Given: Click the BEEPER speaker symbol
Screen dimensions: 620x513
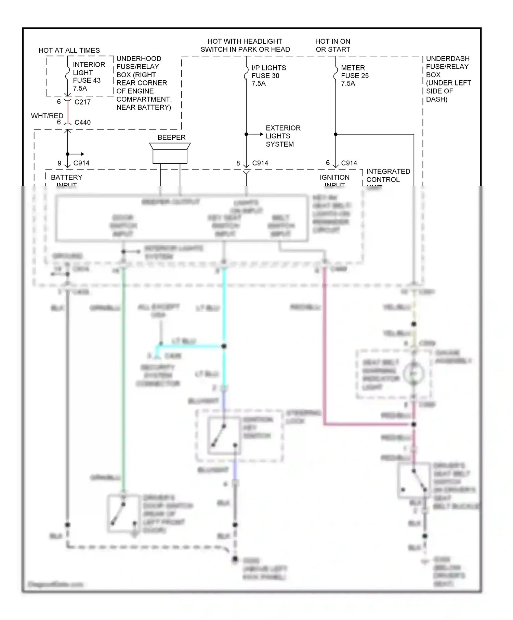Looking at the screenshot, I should pyautogui.click(x=170, y=153).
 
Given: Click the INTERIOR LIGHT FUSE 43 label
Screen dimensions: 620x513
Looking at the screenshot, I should pyautogui.click(x=87, y=76).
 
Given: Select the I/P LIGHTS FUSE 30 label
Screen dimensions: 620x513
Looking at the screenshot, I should pyautogui.click(x=268, y=76).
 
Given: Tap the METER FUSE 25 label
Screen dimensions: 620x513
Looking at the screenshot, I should pyautogui.click(x=355, y=76).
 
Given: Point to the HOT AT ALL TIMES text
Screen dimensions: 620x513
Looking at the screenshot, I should pyautogui.click(x=69, y=50).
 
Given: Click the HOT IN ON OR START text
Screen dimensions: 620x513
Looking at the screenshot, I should pyautogui.click(x=333, y=45).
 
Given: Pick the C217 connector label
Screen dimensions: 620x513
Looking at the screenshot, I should pyautogui.click(x=82, y=102).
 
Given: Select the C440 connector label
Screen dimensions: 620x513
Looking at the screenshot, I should pyautogui.click(x=82, y=122).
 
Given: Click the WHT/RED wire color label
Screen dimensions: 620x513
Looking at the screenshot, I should pyautogui.click(x=47, y=116).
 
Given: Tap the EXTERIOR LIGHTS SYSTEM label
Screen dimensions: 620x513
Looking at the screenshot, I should pyautogui.click(x=283, y=136).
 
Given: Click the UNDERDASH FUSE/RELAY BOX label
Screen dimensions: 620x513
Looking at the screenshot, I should pyautogui.click(x=448, y=79).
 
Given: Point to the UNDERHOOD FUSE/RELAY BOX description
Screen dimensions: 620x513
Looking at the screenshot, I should pyautogui.click(x=144, y=83).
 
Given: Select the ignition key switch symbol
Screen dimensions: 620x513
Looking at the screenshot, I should pyautogui.click(x=224, y=436).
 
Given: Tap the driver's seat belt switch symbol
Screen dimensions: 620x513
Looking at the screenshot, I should pyautogui.click(x=414, y=480).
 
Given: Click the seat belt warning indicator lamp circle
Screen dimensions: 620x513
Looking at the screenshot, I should pyautogui.click(x=413, y=374).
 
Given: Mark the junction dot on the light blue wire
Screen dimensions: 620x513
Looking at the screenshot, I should pyautogui.click(x=224, y=346).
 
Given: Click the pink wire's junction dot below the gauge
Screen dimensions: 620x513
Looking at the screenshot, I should pyautogui.click(x=413, y=424).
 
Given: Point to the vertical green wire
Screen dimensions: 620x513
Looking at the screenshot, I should pyautogui.click(x=123, y=376).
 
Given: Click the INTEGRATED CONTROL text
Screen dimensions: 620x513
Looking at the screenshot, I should pyautogui.click(x=388, y=175).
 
